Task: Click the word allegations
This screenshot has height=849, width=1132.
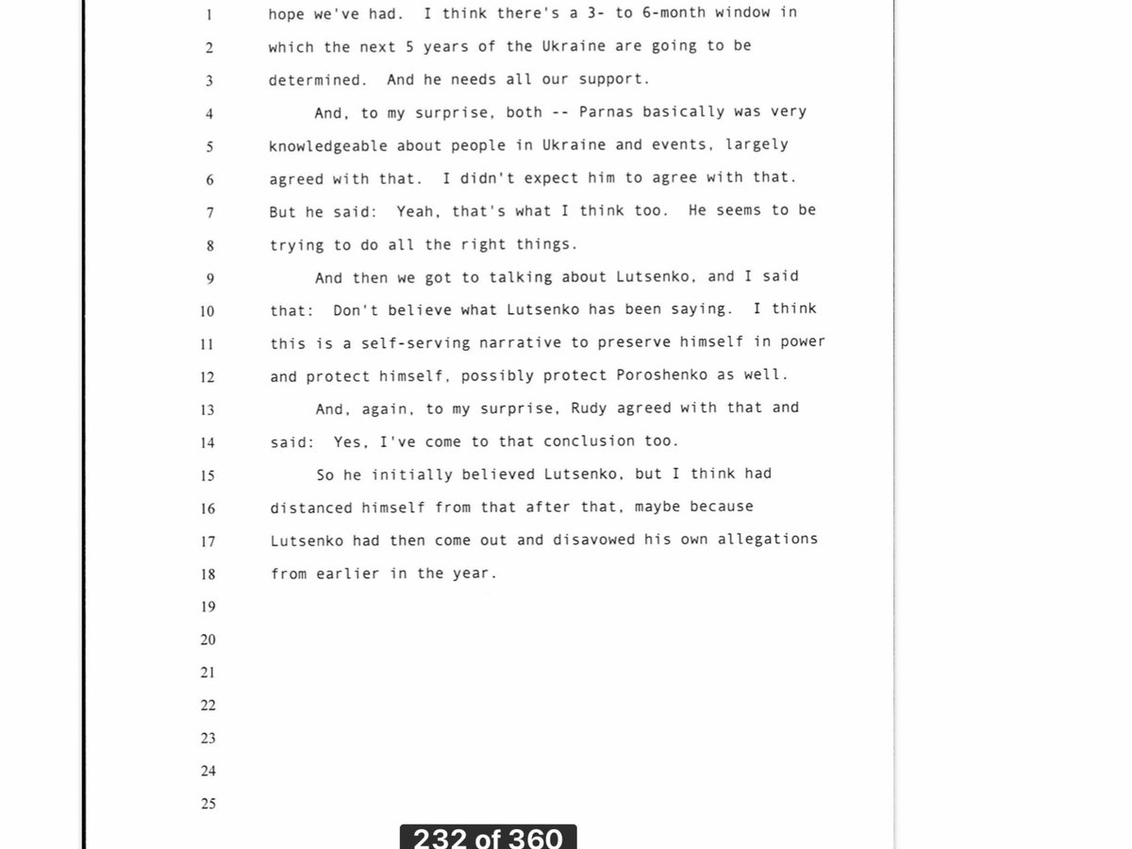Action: pos(767,539)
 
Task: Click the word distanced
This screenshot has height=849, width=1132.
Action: pos(310,507)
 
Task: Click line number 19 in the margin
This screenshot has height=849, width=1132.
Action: pos(208,607)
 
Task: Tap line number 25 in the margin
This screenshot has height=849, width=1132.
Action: pos(208,804)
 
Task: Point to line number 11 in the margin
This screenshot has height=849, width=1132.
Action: pos(208,343)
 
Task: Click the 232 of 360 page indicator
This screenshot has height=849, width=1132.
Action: pos(488,837)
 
